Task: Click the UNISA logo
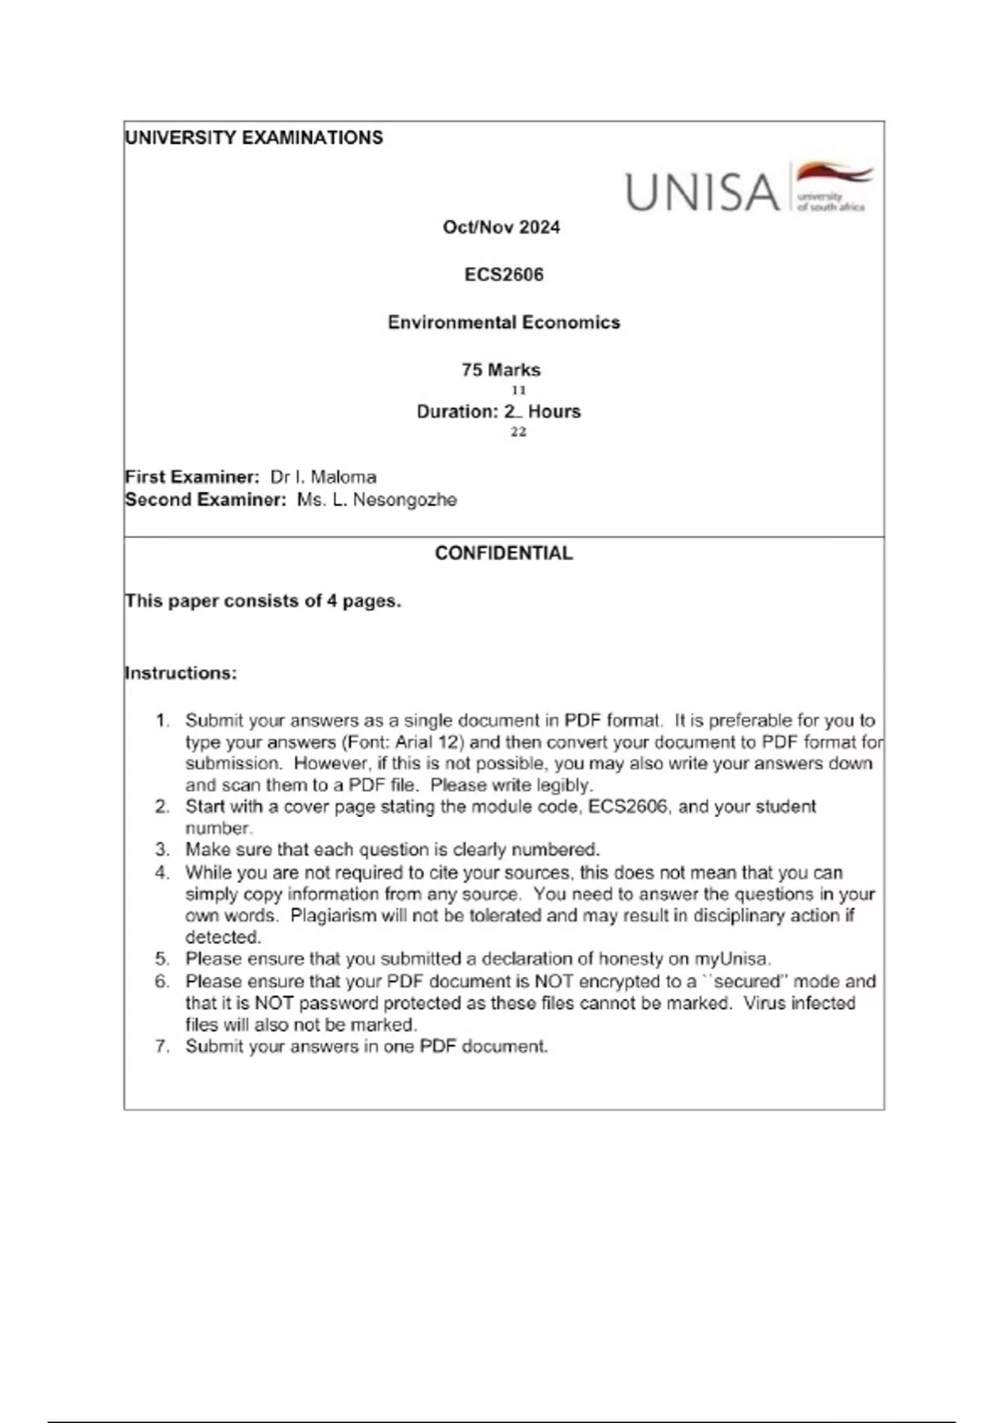(x=748, y=188)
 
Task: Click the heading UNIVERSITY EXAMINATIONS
(x=254, y=138)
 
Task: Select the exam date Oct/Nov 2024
(x=501, y=227)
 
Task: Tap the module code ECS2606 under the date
(x=504, y=275)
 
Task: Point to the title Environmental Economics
(x=504, y=322)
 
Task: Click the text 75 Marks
(x=501, y=370)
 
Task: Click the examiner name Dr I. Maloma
(x=323, y=477)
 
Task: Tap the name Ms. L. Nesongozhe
(x=376, y=500)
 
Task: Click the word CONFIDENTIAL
(x=504, y=553)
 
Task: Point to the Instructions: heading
(x=181, y=673)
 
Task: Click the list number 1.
(x=162, y=721)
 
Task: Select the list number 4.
(x=162, y=872)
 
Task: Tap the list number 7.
(x=162, y=1046)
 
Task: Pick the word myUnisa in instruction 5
(x=731, y=959)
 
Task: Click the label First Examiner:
(x=192, y=477)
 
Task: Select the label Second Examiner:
(x=206, y=500)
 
